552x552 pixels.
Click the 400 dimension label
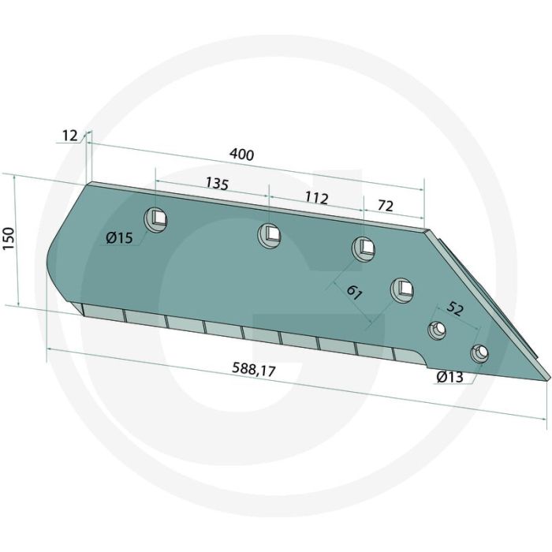pyautogui.click(x=241, y=155)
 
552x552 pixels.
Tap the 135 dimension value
pyautogui.click(x=217, y=184)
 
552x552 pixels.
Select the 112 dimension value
pyautogui.click(x=316, y=198)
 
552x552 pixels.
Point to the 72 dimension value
pyautogui.click(x=385, y=206)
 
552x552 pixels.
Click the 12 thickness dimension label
pyautogui.click(x=69, y=136)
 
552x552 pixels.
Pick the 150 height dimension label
pyautogui.click(x=9, y=239)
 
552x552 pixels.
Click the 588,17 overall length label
pyautogui.click(x=253, y=371)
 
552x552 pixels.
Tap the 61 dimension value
pyautogui.click(x=354, y=293)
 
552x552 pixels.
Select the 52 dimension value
pyautogui.click(x=454, y=309)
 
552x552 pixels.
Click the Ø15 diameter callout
pyautogui.click(x=119, y=239)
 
